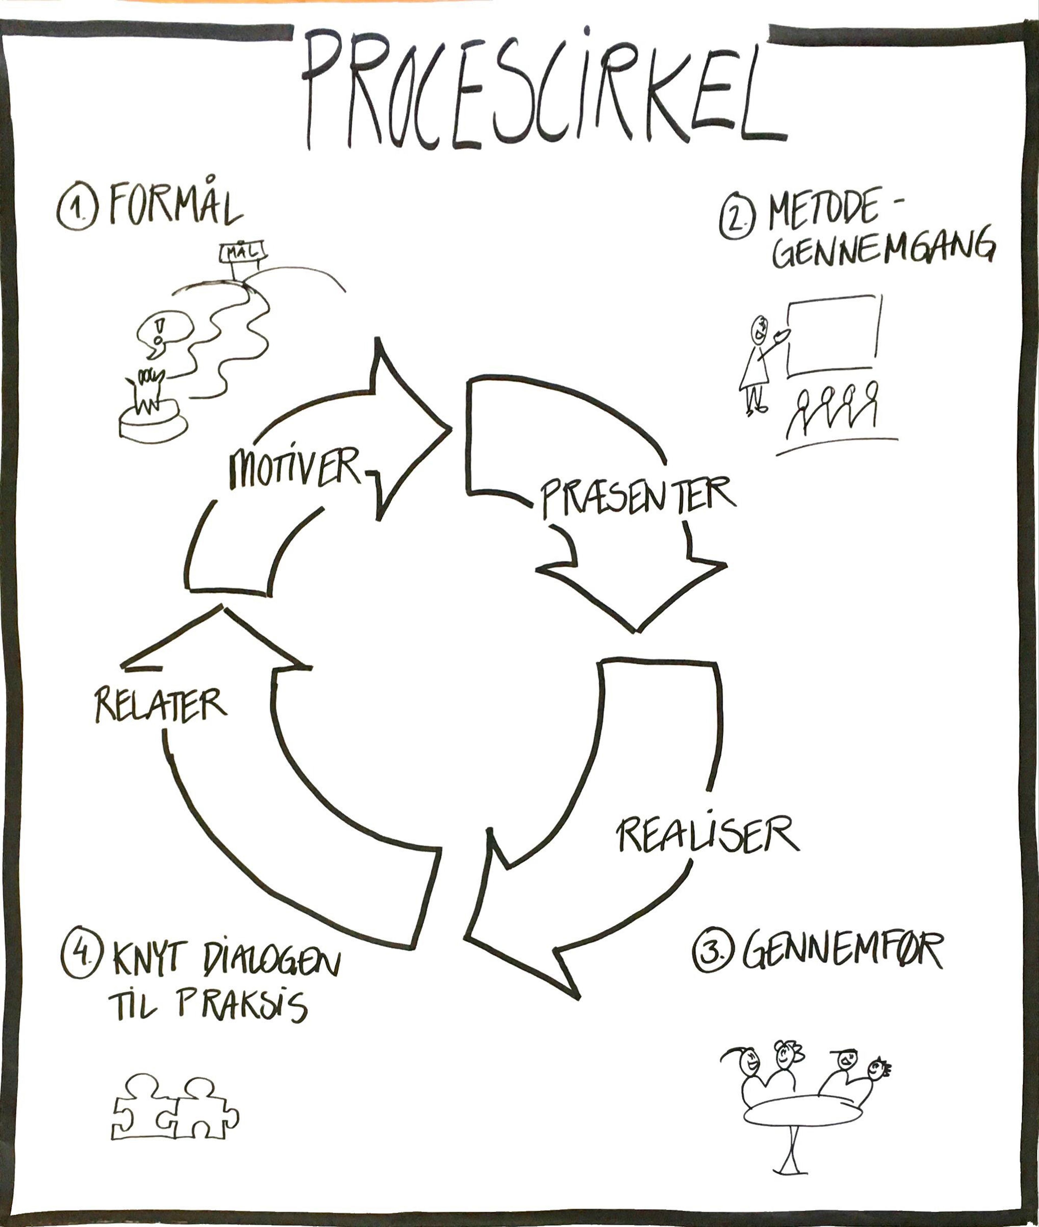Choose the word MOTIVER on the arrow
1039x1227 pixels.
(x=294, y=468)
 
